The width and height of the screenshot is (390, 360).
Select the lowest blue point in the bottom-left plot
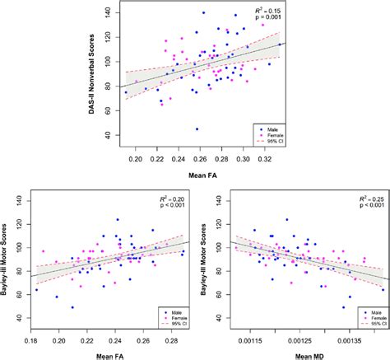72,307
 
